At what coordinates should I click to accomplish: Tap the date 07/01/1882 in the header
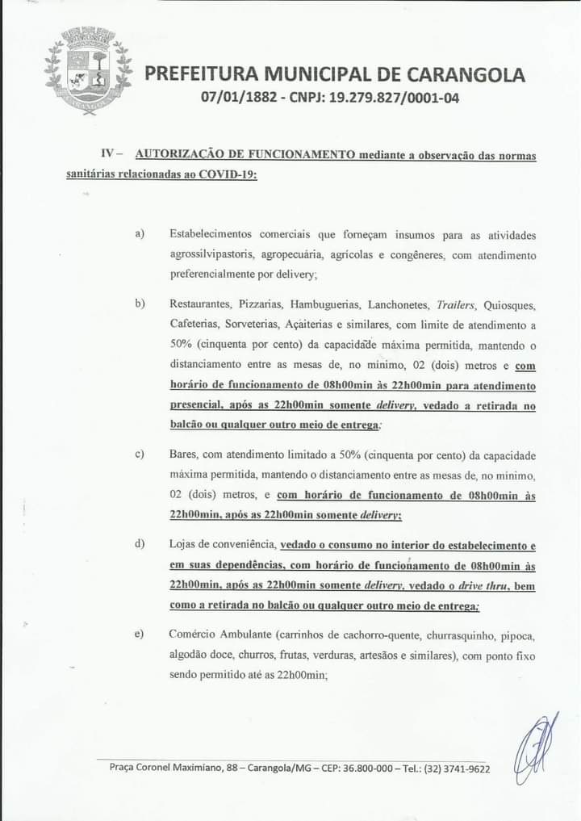tap(237, 101)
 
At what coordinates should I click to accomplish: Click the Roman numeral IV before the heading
tap(110, 153)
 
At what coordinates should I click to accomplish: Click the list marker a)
tap(140, 234)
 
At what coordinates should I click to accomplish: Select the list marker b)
tap(140, 304)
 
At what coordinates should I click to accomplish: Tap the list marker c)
tap(140, 454)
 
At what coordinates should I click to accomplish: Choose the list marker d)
tap(140, 545)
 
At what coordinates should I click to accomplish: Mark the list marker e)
tap(140, 635)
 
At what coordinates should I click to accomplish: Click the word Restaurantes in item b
tap(200, 305)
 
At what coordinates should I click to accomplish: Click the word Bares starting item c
tap(183, 455)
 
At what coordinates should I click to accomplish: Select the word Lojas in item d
tap(185, 546)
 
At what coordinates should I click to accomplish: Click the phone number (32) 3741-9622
tap(457, 769)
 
